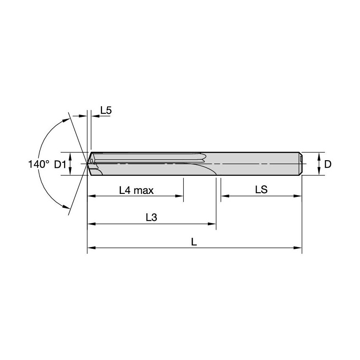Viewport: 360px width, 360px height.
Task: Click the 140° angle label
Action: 39,164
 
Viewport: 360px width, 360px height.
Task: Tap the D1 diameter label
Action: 60,164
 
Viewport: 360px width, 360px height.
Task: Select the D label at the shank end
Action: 328,164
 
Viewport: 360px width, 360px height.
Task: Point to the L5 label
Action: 106,110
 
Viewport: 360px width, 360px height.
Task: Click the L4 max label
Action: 136,191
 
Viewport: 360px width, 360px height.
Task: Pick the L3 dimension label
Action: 151,218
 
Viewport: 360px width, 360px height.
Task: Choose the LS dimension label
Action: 261,190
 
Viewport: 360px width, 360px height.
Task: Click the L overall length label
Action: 194,242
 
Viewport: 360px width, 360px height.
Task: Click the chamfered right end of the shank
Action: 301,164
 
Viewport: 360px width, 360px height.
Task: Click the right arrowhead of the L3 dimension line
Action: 213,224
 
